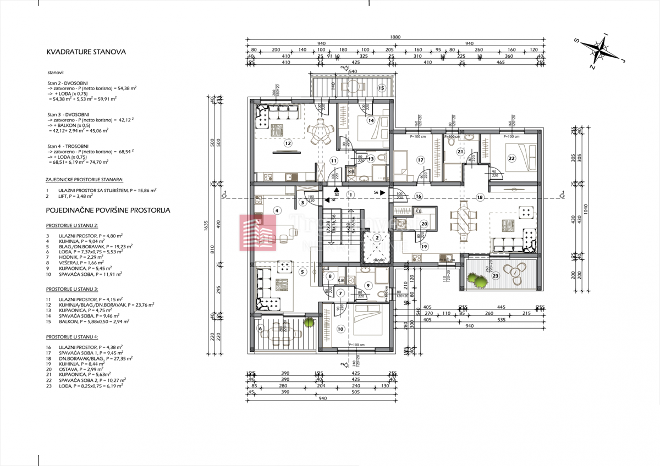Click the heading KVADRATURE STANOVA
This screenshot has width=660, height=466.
(x=86, y=52)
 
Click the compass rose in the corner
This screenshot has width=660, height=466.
(x=598, y=52)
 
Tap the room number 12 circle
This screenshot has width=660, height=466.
(x=287, y=143)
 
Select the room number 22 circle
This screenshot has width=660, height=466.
(x=511, y=158)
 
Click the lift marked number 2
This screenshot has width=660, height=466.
(x=377, y=238)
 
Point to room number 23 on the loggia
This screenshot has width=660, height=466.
(x=495, y=276)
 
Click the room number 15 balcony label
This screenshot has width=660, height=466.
(x=380, y=88)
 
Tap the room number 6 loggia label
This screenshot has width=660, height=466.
(x=261, y=329)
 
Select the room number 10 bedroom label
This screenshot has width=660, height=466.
(x=340, y=329)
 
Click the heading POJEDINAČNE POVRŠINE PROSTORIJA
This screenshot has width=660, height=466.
(x=108, y=210)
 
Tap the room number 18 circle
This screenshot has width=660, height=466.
(x=480, y=197)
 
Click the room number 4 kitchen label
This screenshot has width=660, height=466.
(x=277, y=210)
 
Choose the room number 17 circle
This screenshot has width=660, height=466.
(x=421, y=160)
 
